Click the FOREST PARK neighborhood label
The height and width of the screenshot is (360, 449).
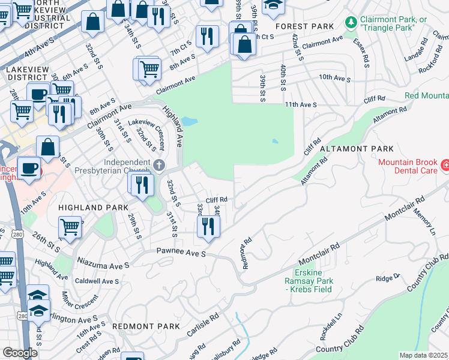click(x=304, y=26)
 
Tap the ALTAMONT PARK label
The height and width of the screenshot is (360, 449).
click(x=357, y=148)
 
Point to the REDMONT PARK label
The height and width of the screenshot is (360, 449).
click(x=146, y=326)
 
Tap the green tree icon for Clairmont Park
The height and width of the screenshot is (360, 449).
click(x=351, y=22)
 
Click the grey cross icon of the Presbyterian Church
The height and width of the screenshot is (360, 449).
click(x=158, y=165)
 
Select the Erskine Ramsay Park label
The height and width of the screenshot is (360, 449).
click(x=312, y=284)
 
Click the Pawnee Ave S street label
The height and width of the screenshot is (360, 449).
click(x=181, y=254)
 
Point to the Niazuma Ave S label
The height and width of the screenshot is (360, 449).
click(x=103, y=265)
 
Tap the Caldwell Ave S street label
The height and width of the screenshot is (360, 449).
click(x=97, y=281)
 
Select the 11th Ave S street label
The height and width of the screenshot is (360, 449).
click(x=300, y=104)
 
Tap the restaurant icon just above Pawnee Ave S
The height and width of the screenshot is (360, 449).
click(x=208, y=226)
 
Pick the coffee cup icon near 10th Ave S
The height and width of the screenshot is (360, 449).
click(x=28, y=167)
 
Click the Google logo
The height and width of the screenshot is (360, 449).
click(x=20, y=353)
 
